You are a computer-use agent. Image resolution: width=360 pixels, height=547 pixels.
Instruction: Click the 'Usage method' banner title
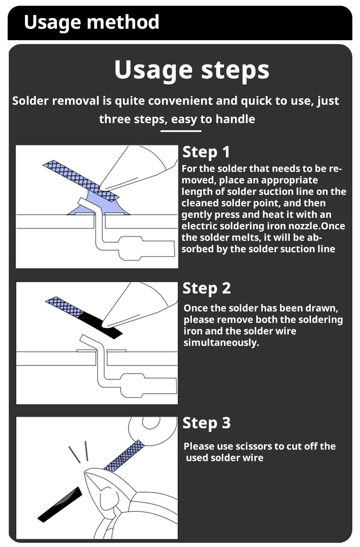92,22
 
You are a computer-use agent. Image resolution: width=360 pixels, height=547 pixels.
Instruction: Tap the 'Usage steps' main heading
192,70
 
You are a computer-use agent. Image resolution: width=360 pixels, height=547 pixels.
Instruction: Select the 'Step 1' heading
206,152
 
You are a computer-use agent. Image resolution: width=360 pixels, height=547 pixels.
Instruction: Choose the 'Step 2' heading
206,288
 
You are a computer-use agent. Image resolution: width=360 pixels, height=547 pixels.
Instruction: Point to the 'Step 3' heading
206,423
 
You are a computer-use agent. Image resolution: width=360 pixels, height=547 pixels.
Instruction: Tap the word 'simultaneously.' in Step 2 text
221,343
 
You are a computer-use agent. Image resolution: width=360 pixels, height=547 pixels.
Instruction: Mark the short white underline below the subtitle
181,131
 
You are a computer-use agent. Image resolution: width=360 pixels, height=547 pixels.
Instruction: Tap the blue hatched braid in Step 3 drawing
124,456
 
